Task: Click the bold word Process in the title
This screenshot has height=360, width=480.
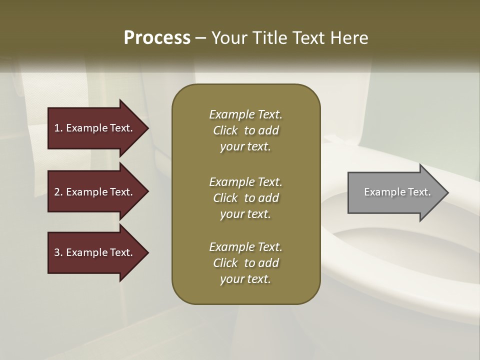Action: [157, 38]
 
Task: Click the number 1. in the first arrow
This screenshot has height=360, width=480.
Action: [58, 128]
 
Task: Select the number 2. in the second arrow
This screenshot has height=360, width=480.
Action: [58, 192]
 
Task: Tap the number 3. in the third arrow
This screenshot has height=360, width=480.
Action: [58, 252]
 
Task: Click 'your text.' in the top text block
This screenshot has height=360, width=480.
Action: [245, 147]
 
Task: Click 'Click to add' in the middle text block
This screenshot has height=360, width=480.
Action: [245, 198]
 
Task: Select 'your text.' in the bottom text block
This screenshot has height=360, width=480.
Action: [245, 279]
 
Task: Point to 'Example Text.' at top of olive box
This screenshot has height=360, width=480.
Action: [245, 114]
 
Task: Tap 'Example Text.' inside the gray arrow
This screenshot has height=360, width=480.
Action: [397, 192]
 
